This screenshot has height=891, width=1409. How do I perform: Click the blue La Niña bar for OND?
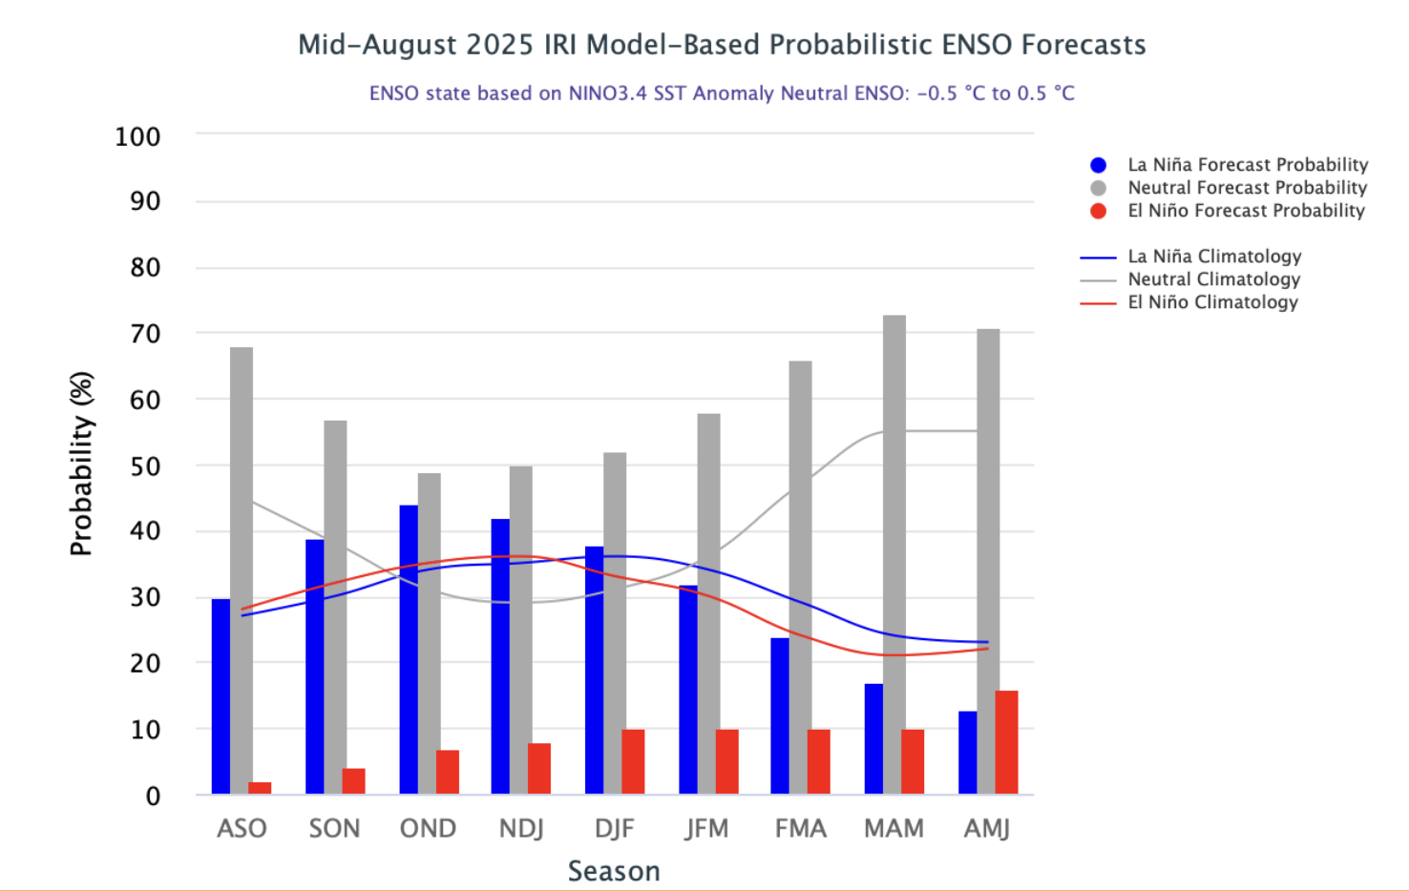tap(409, 650)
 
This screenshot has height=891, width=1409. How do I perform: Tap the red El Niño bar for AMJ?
tap(1006, 742)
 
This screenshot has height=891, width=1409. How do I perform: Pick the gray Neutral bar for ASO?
tap(242, 570)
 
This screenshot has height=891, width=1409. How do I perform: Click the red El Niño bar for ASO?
tap(260, 788)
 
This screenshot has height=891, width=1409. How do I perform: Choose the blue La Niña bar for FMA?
tap(780, 715)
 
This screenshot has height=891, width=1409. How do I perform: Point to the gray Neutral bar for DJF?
tap(615, 623)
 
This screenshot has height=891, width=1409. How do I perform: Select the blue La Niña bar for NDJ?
tap(500, 656)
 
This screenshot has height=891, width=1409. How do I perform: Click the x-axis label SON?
tap(334, 828)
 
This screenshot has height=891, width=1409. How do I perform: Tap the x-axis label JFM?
tap(706, 828)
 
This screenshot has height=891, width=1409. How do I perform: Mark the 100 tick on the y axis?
tap(137, 136)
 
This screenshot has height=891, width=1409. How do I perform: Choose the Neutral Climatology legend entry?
tap(1213, 280)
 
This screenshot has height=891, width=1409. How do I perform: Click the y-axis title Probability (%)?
tap(81, 464)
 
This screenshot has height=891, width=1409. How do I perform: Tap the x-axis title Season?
tap(614, 871)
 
